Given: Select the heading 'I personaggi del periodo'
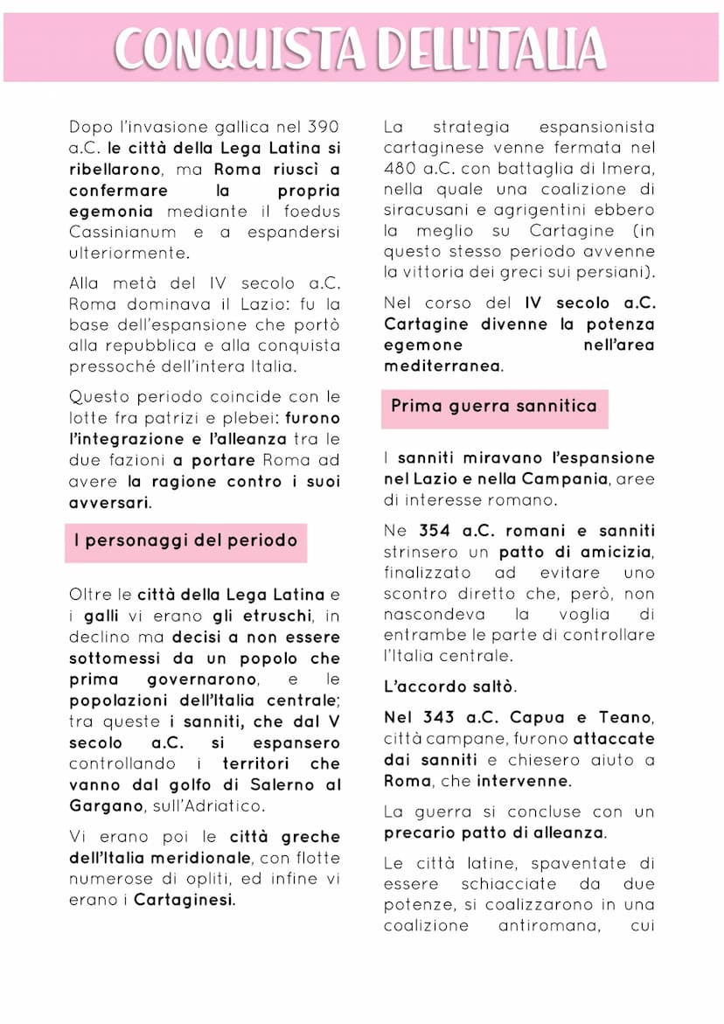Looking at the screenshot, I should (x=185, y=540).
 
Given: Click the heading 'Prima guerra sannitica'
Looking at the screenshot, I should (x=493, y=406).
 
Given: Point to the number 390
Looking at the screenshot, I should (x=322, y=128).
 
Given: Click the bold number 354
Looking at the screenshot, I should (x=435, y=531).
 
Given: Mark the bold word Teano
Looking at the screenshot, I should (x=626, y=717).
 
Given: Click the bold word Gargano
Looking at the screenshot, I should (x=105, y=805).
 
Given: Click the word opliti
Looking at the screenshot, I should (x=215, y=879).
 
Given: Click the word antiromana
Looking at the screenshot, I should (x=548, y=925).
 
